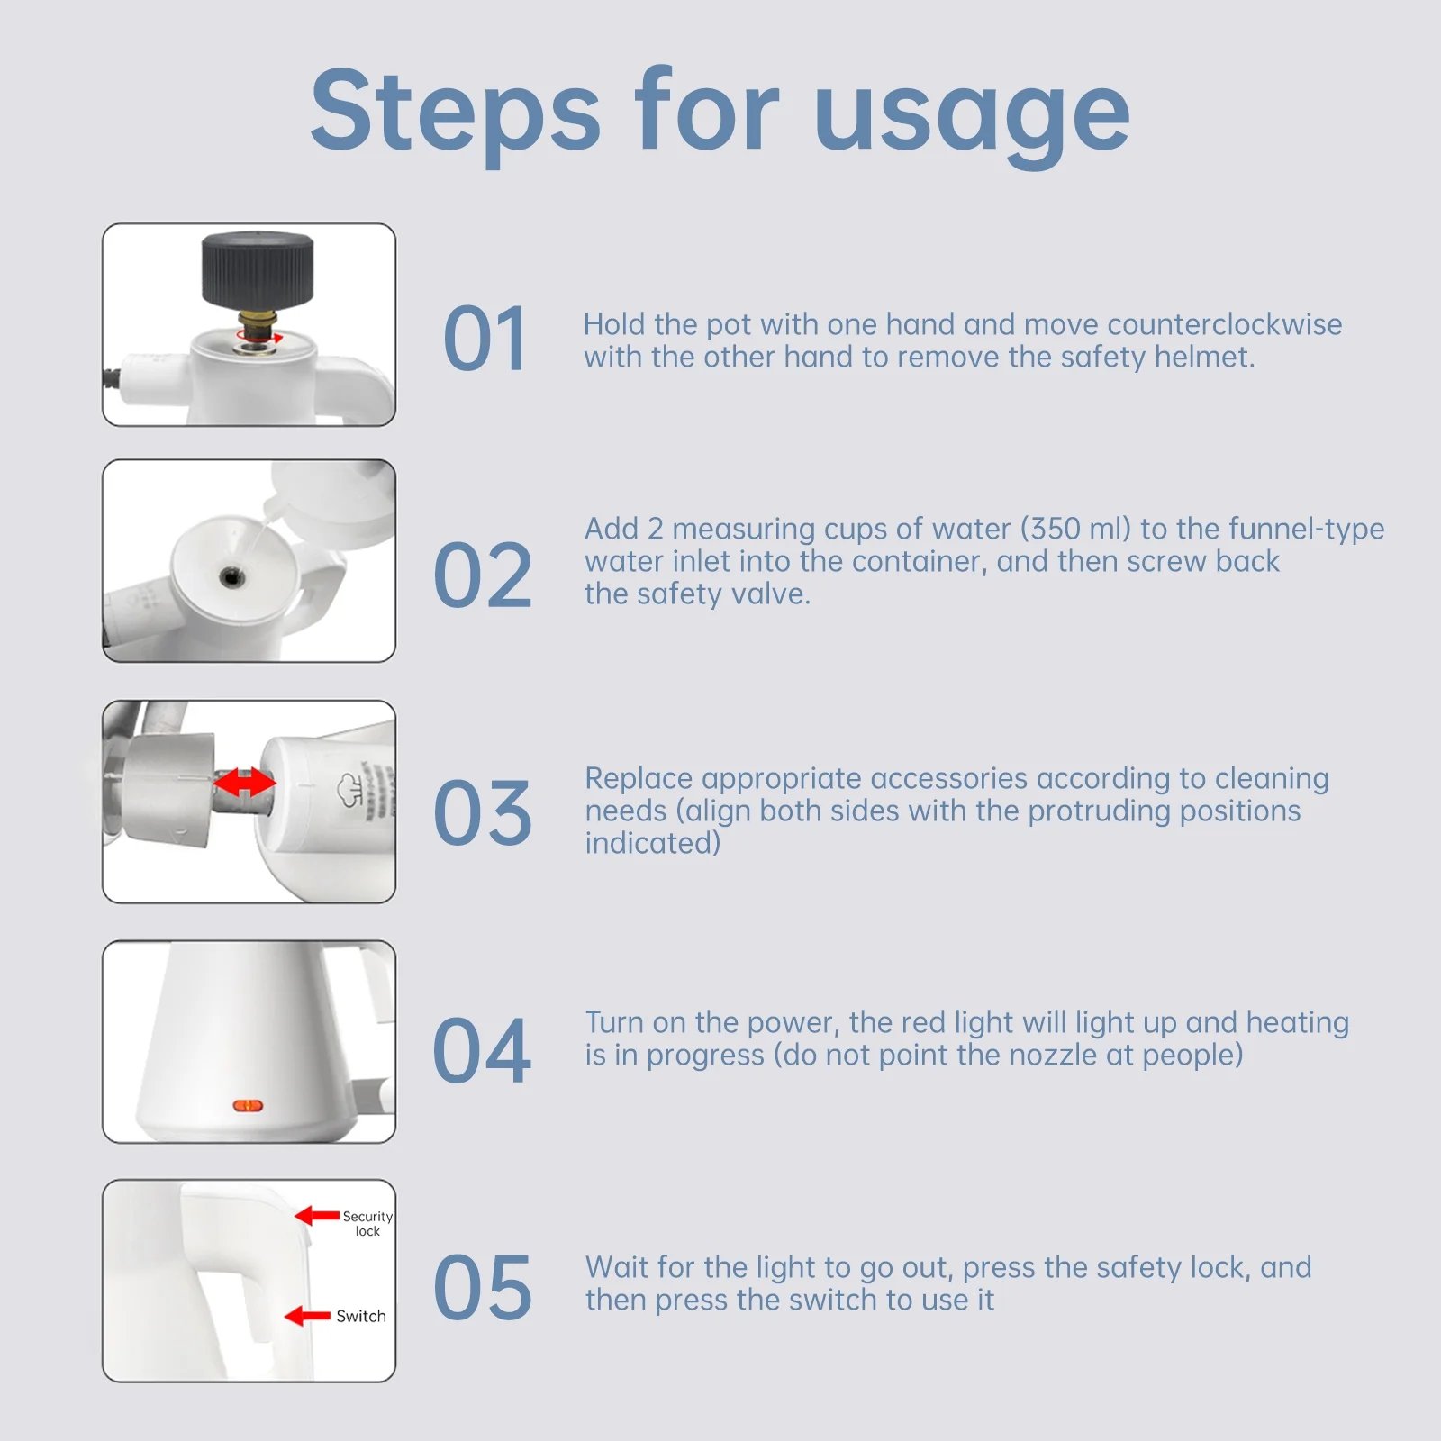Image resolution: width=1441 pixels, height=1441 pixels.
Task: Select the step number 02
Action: (x=483, y=575)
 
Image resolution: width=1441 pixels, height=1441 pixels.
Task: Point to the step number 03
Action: (x=483, y=813)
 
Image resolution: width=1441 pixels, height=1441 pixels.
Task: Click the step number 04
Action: (x=483, y=1050)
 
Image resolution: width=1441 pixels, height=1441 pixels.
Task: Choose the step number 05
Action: (x=483, y=1287)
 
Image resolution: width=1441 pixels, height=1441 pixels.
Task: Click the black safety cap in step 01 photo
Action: (x=258, y=269)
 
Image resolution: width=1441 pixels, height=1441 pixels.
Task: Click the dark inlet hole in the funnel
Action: (x=231, y=576)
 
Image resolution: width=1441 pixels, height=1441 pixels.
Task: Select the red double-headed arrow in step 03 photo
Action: (x=245, y=782)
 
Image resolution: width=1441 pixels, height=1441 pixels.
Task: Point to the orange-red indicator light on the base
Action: (x=248, y=1105)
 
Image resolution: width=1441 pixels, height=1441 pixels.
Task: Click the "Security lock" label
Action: (x=367, y=1223)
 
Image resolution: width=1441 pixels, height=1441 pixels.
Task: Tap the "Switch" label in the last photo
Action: (x=361, y=1316)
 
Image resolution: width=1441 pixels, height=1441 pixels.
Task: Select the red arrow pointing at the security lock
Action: (x=317, y=1216)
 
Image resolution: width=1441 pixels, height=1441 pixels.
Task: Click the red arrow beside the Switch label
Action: (x=307, y=1316)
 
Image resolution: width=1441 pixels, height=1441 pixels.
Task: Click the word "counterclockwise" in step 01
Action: (x=1225, y=324)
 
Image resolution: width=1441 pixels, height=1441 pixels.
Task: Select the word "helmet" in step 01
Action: (x=1205, y=357)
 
